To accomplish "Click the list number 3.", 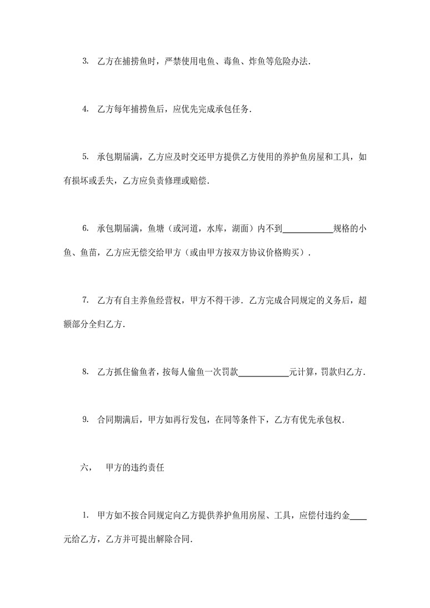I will pos(85,61).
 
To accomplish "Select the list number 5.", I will pos(85,157).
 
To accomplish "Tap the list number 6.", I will pos(85,228).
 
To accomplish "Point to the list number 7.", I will pos(85,300).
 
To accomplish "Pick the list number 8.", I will pos(85,371).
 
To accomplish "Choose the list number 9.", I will pos(85,419).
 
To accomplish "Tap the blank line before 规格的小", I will pos(308,228).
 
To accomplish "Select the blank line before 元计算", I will pos(264,371).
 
